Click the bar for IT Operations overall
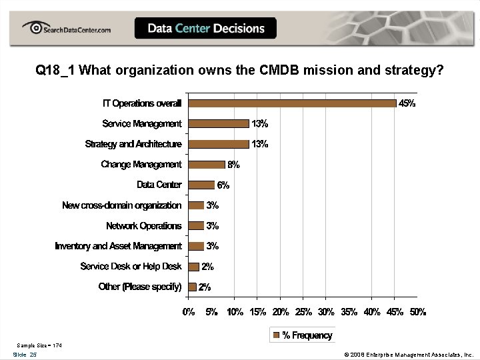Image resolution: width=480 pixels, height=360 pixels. click(x=292, y=103)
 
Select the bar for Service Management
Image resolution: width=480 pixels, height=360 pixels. click(x=219, y=123)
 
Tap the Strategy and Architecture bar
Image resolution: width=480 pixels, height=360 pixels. click(x=219, y=144)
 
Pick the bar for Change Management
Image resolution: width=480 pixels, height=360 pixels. click(x=207, y=165)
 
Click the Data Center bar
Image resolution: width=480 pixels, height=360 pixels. click(x=202, y=185)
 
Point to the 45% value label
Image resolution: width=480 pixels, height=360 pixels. click(x=407, y=103)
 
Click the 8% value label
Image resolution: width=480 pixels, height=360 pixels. click(x=233, y=165)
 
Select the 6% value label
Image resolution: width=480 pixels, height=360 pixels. click(x=223, y=185)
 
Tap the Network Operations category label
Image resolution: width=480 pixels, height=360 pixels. click(x=143, y=226)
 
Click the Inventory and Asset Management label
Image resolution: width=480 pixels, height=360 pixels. click(x=118, y=246)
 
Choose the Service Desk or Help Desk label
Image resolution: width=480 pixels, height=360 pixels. click(x=131, y=267)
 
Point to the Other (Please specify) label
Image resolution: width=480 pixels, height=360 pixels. click(x=140, y=287)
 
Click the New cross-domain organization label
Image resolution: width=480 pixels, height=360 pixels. click(x=121, y=205)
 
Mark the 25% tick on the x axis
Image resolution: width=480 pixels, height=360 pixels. click(x=303, y=312)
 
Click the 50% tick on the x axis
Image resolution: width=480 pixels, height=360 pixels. click(x=417, y=312)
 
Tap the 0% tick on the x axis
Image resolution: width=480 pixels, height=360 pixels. click(x=189, y=312)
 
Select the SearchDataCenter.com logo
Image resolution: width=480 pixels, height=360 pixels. click(x=67, y=29)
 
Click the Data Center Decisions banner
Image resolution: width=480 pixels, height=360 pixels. click(x=205, y=29)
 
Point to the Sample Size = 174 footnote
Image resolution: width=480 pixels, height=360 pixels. click(x=39, y=345)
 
